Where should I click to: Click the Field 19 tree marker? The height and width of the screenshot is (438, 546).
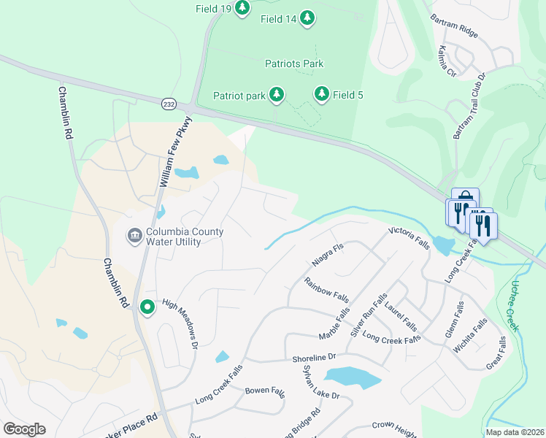[242, 8]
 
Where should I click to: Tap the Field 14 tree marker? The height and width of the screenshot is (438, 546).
[307, 18]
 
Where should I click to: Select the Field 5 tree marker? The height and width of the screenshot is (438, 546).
[321, 94]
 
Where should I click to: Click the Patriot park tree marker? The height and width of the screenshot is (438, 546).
[277, 94]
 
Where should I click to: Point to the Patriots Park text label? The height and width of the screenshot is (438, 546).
[294, 64]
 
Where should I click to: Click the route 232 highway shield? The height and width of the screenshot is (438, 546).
[169, 104]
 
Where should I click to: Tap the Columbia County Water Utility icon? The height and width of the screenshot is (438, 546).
[134, 235]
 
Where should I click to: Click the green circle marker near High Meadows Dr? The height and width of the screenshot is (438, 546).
[147, 307]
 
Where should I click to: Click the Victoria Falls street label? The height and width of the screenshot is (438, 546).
[408, 238]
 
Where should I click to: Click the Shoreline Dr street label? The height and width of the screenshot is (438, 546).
[313, 357]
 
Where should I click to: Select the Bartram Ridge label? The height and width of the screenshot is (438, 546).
[454, 26]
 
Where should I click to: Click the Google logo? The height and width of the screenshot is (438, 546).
[24, 429]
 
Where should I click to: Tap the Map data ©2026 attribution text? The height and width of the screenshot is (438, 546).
[514, 432]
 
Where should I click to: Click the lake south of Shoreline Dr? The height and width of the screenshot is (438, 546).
[352, 377]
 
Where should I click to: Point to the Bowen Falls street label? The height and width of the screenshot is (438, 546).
[264, 391]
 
